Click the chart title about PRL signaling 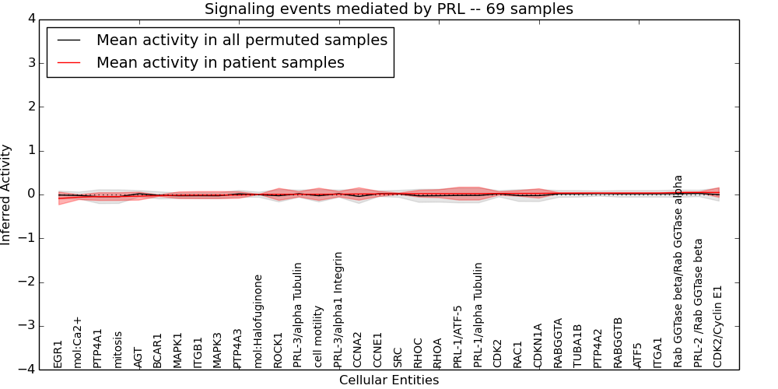pos(388,9)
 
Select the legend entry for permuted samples pos(241,40)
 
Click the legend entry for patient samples pos(220,63)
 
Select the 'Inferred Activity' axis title pos(7,194)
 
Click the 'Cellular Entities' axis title pos(388,380)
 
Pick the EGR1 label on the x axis pos(58,353)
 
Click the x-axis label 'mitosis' pos(118,349)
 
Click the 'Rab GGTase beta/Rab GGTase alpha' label pos(678,271)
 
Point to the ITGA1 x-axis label pos(658,352)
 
